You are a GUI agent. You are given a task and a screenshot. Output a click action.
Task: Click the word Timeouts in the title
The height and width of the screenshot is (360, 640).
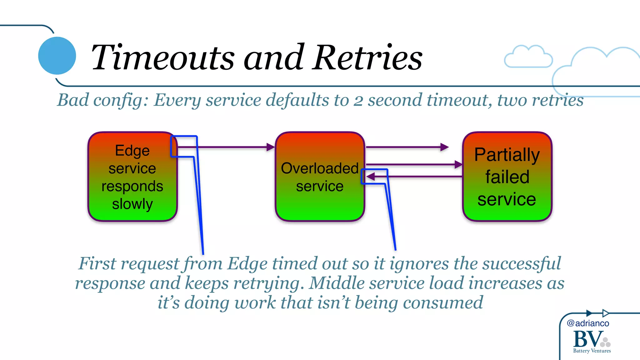coord(162,58)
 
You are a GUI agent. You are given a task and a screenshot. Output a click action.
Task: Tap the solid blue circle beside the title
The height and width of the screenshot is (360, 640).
coord(57,56)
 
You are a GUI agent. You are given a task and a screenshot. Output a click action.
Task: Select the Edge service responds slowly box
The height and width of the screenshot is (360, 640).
coord(132,177)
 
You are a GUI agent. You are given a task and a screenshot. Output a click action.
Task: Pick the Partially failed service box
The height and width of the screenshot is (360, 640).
coord(507,177)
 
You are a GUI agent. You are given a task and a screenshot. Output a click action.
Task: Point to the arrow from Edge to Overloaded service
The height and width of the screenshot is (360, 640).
coord(231,147)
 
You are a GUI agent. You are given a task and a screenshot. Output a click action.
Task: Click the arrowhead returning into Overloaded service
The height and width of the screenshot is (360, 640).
coord(371,177)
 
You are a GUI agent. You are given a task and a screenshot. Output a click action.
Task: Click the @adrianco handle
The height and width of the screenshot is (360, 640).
coord(588,323)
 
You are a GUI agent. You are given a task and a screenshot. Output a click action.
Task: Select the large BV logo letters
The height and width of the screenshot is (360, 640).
coord(587,339)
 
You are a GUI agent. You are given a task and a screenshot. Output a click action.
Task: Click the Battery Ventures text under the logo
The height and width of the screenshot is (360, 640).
coord(592,351)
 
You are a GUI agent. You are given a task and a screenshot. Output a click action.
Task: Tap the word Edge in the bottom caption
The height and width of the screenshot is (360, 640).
coord(247,264)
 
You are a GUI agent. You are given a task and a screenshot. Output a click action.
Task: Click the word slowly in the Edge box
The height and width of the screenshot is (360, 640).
coord(132,204)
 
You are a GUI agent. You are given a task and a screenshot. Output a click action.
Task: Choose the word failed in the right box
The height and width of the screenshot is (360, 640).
coord(507,177)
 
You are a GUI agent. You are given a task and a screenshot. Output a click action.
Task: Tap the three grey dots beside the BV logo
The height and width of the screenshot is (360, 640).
coord(606,342)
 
